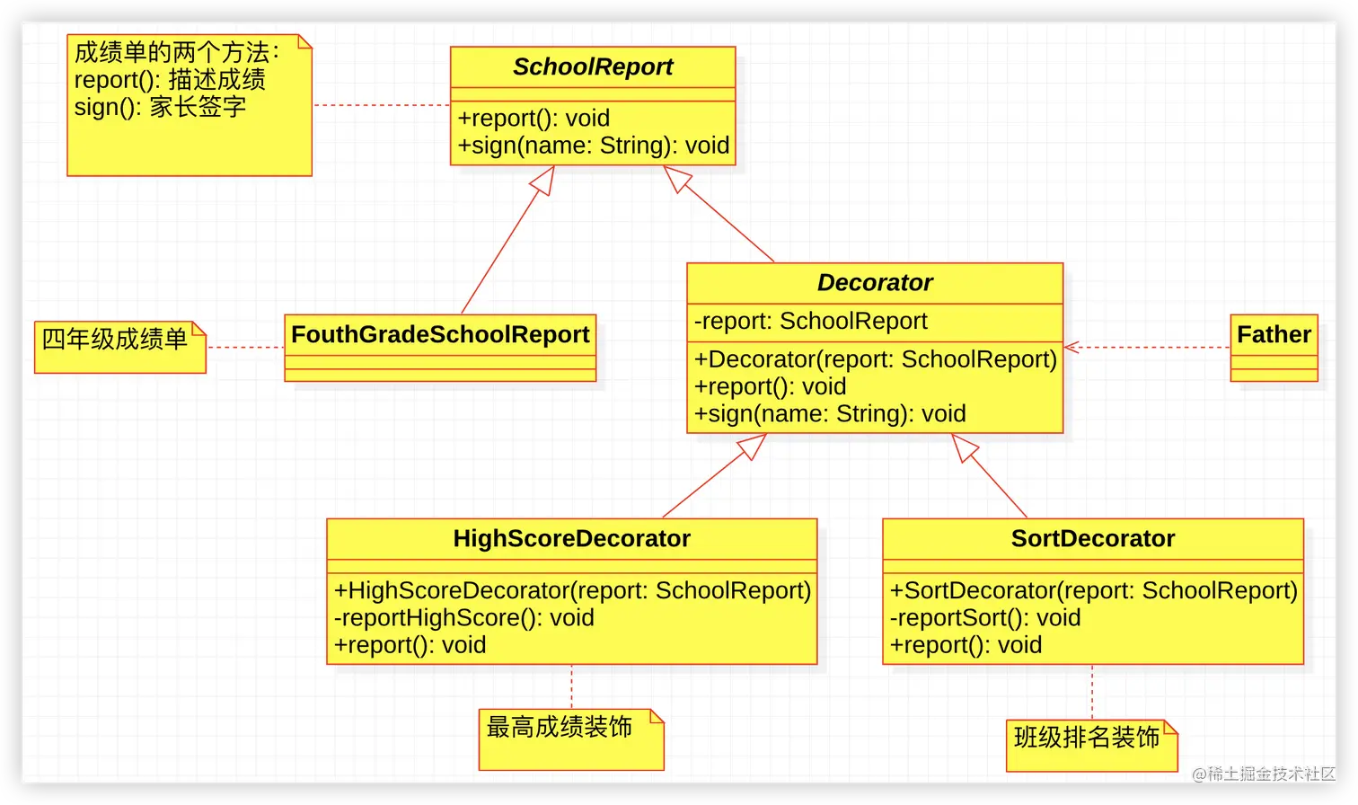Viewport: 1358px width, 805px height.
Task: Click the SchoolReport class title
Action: tap(593, 67)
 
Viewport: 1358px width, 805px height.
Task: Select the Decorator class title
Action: tap(875, 283)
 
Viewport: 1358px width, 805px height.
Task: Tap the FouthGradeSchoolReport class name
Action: tap(440, 335)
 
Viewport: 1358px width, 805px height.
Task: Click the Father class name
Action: tap(1274, 335)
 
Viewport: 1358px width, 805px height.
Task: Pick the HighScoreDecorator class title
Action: tap(571, 539)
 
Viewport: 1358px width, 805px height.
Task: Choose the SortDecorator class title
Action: tap(1093, 539)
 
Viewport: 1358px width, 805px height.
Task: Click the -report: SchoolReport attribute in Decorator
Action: tap(810, 322)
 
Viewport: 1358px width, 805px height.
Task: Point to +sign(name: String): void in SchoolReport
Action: tap(593, 146)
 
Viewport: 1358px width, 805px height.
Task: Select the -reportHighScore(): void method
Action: tap(463, 618)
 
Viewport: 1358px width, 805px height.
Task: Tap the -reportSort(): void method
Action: tap(984, 618)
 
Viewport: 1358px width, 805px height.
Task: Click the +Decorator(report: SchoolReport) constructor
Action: tap(875, 359)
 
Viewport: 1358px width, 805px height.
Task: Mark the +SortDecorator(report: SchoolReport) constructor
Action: tap(1093, 591)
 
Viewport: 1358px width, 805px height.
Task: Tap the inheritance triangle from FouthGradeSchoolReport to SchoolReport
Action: tap(542, 179)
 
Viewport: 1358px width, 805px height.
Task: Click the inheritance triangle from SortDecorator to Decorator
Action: tap(964, 447)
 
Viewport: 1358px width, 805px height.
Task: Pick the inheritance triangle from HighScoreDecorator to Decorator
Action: tap(753, 446)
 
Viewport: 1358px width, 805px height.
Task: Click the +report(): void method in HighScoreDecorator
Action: tap(410, 645)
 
